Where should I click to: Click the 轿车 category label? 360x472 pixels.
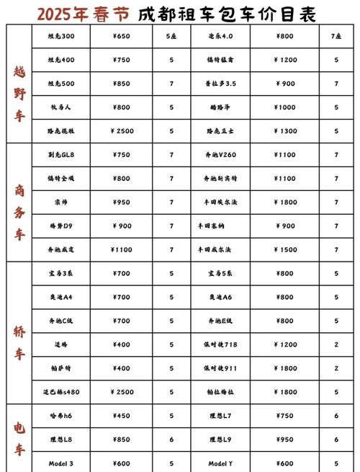19,344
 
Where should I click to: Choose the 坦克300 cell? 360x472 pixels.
60,35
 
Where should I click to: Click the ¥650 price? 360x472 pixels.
122,35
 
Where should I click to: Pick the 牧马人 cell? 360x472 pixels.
60,107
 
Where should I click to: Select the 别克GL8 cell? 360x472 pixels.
60,155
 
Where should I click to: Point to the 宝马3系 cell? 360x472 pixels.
60,274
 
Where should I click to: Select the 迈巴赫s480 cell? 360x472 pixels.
60,392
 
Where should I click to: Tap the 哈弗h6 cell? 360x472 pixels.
60,416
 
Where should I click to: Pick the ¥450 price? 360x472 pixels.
122,416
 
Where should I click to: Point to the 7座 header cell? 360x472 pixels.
336,35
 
